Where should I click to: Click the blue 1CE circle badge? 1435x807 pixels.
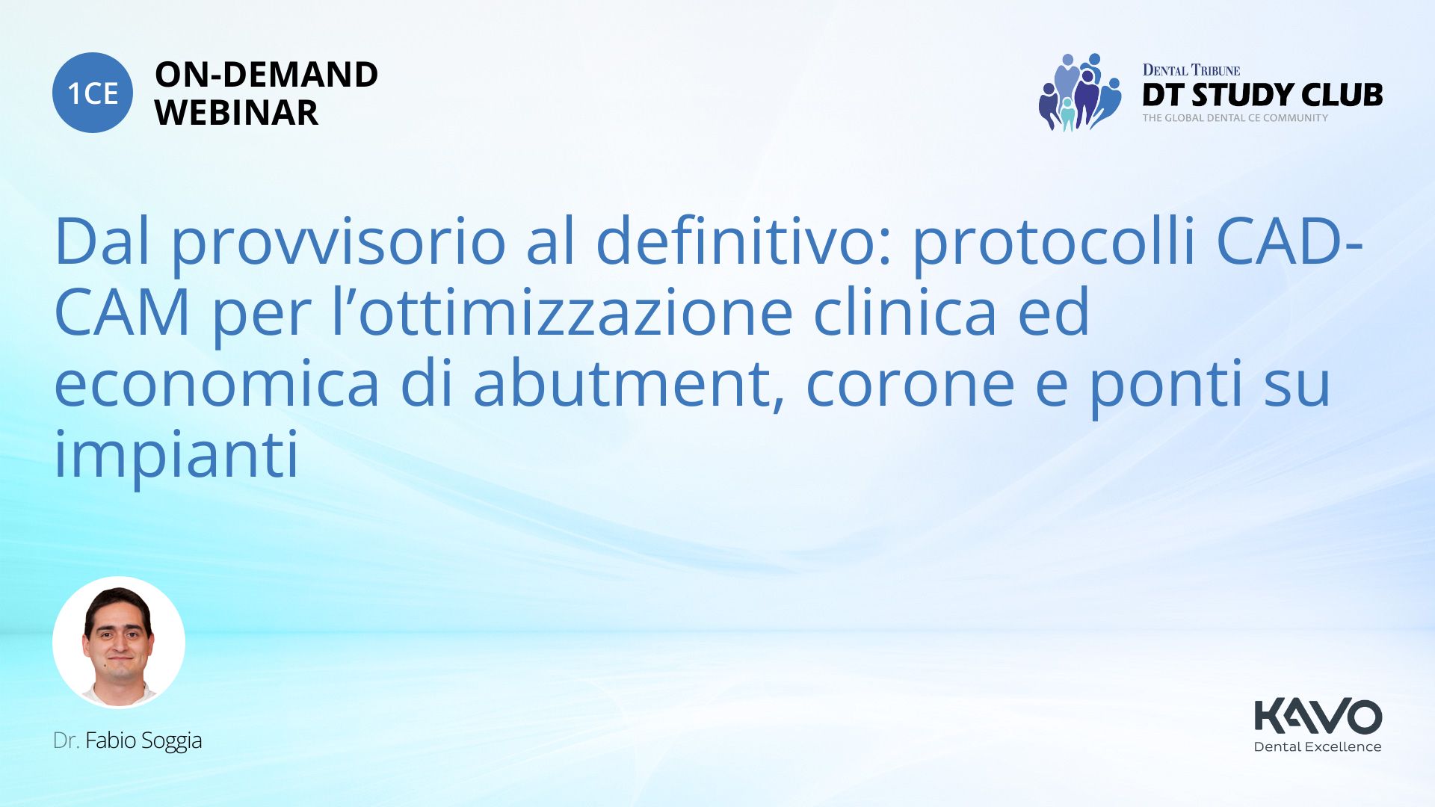[x=93, y=93]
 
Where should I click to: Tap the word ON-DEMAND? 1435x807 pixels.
[x=266, y=75]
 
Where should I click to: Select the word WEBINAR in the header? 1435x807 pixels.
[x=236, y=113]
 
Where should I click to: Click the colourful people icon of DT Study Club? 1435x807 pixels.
[x=1080, y=92]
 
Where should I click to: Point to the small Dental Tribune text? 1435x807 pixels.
[x=1191, y=70]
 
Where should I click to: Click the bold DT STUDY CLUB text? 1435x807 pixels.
[x=1262, y=95]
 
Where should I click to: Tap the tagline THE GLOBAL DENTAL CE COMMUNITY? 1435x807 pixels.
[x=1235, y=118]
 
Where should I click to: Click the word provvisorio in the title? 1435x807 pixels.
[x=339, y=242]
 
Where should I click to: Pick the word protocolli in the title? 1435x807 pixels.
[x=1055, y=242]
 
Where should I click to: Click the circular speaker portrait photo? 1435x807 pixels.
[x=119, y=643]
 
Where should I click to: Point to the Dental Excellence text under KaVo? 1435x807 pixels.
[x=1318, y=746]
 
